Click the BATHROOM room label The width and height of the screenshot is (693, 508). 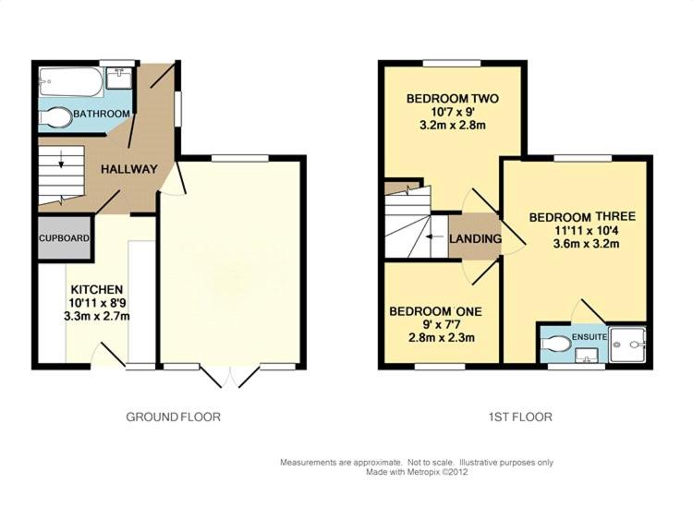point(102,114)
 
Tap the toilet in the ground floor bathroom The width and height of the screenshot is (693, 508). point(56,117)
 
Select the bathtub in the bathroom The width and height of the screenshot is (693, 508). point(71,81)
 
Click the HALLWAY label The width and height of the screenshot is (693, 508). point(129,169)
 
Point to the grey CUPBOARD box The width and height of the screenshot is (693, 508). point(64,238)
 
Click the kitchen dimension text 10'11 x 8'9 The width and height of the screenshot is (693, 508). point(96,303)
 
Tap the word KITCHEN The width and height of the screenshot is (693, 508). point(97,290)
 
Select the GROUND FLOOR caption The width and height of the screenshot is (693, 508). point(174,417)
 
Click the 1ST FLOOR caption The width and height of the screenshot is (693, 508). point(520,417)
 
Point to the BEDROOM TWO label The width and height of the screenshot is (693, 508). point(453,98)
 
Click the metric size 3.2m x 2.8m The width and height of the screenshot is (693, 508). point(453,125)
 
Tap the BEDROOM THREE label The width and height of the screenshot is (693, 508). point(582,216)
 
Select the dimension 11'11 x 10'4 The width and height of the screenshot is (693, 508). point(586,230)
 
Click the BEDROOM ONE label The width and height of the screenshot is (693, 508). point(435,311)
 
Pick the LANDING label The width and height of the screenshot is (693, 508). point(476,238)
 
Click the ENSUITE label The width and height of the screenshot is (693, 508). point(590,336)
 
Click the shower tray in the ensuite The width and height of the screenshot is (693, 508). point(627,345)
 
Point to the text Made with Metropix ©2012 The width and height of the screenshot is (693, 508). point(417,472)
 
